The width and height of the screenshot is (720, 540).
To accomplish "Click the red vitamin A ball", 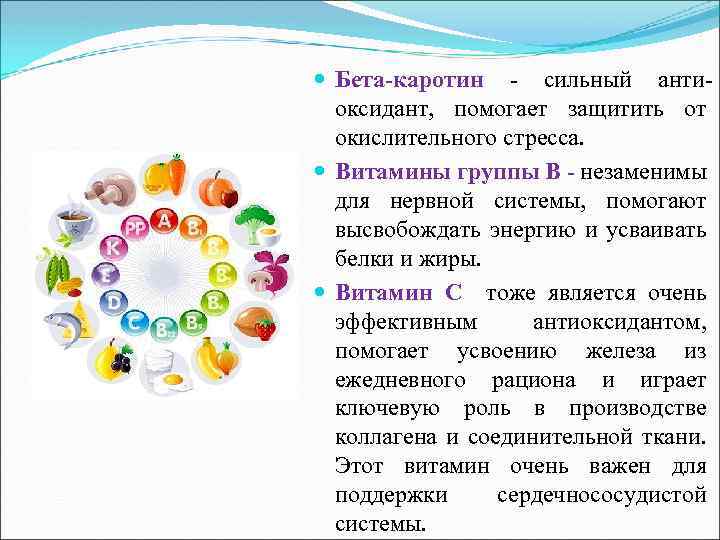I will pyautogui.click(x=163, y=219).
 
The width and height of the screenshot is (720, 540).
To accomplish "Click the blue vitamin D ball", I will pyautogui.click(x=115, y=300).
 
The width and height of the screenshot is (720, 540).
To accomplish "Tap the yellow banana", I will pyautogui.click(x=209, y=358).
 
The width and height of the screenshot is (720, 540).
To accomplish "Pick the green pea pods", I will pyautogui.click(x=57, y=270).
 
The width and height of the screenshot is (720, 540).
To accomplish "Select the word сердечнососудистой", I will pyautogui.click(x=601, y=495).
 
